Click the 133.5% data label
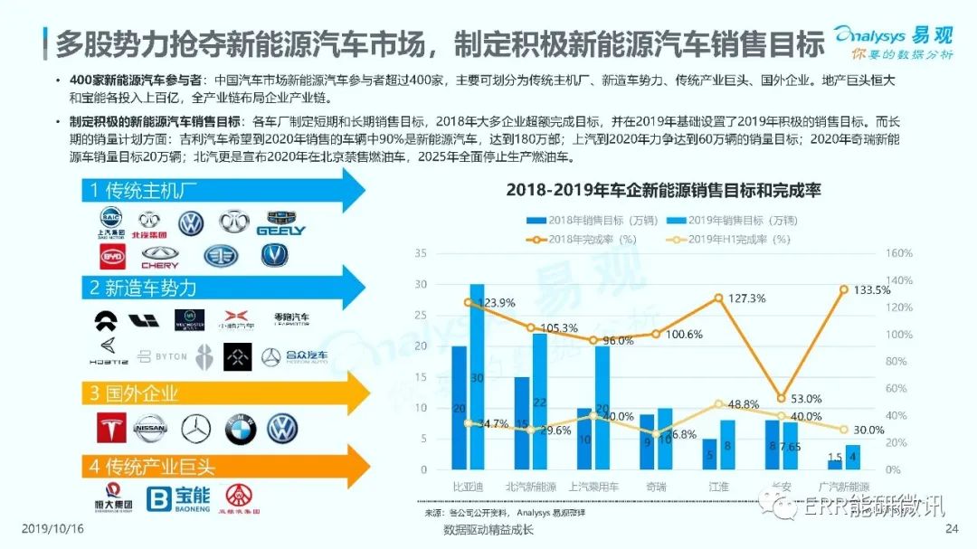click(x=863, y=289)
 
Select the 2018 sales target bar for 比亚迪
click(x=460, y=407)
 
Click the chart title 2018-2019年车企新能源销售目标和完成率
click(x=662, y=190)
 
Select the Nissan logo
click(x=151, y=428)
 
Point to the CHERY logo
click(x=160, y=258)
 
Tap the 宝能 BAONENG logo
click(x=178, y=498)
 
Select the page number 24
click(x=950, y=528)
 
